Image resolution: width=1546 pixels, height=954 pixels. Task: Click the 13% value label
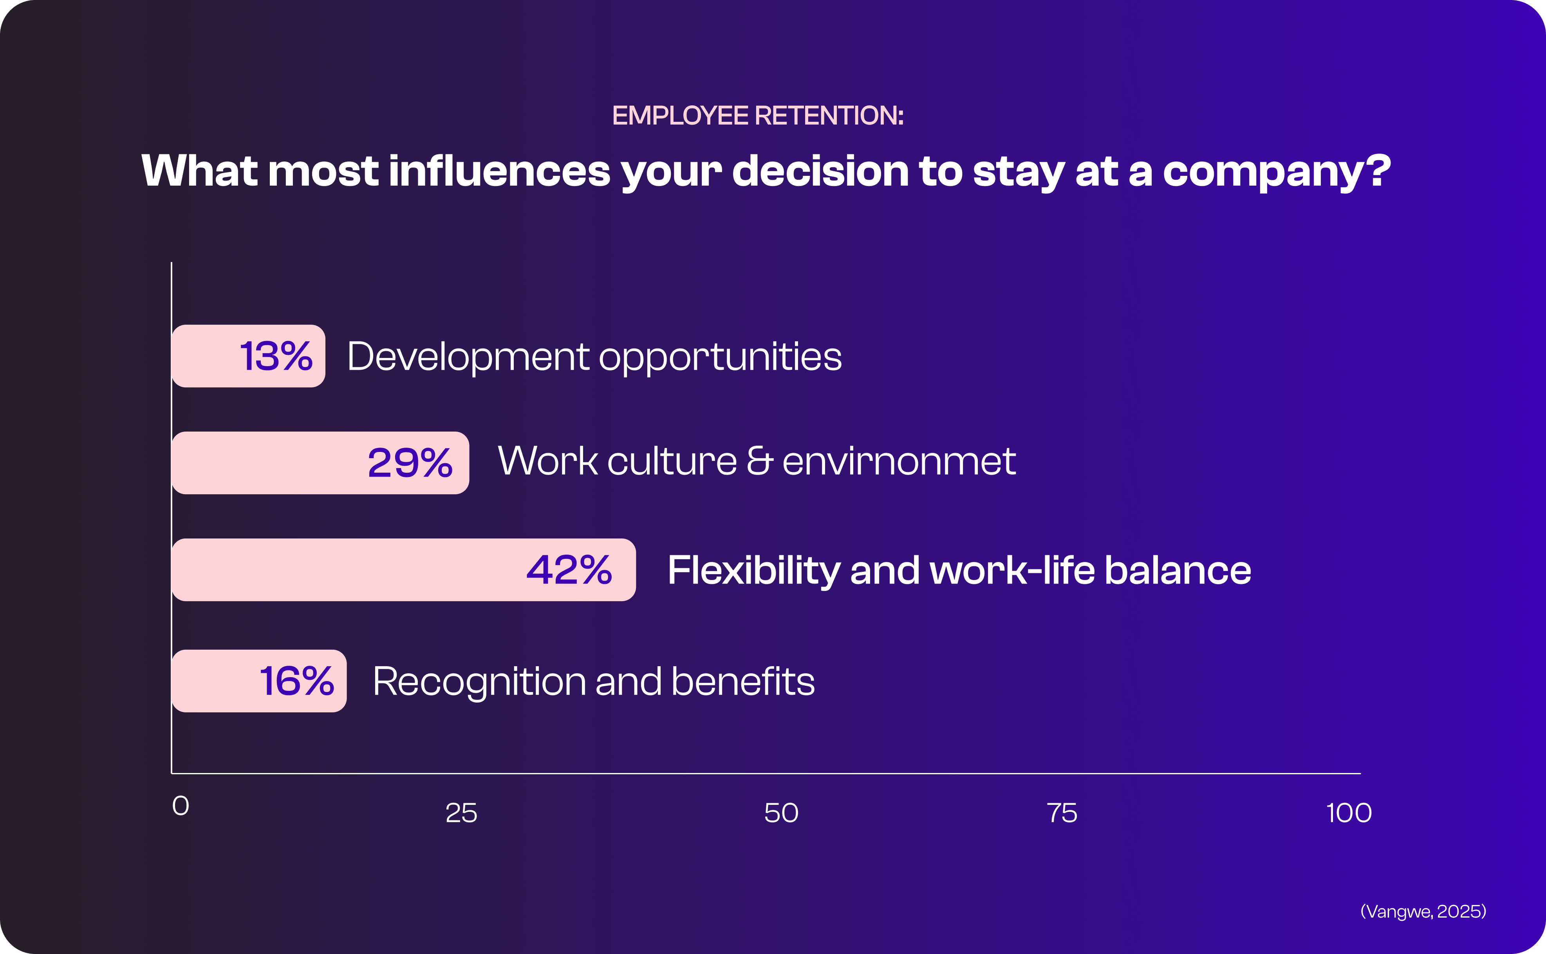point(276,356)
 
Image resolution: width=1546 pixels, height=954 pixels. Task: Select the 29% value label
point(410,463)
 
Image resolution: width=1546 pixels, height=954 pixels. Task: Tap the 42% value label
point(569,570)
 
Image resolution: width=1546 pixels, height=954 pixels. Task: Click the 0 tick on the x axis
point(181,806)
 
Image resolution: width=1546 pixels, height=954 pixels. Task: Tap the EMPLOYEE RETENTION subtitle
point(758,116)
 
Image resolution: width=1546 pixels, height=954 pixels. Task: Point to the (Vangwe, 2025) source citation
point(1423,911)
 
